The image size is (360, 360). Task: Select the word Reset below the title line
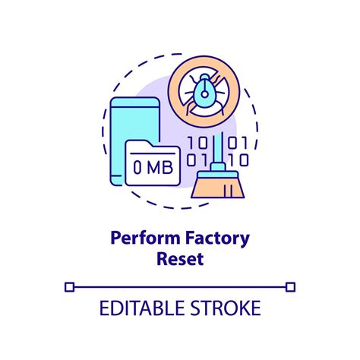click(180, 258)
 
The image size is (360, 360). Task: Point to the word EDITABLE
click(139, 308)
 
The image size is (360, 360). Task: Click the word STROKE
click(224, 308)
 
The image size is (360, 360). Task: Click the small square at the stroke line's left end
click(70, 286)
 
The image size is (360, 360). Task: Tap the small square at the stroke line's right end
click(290, 286)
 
